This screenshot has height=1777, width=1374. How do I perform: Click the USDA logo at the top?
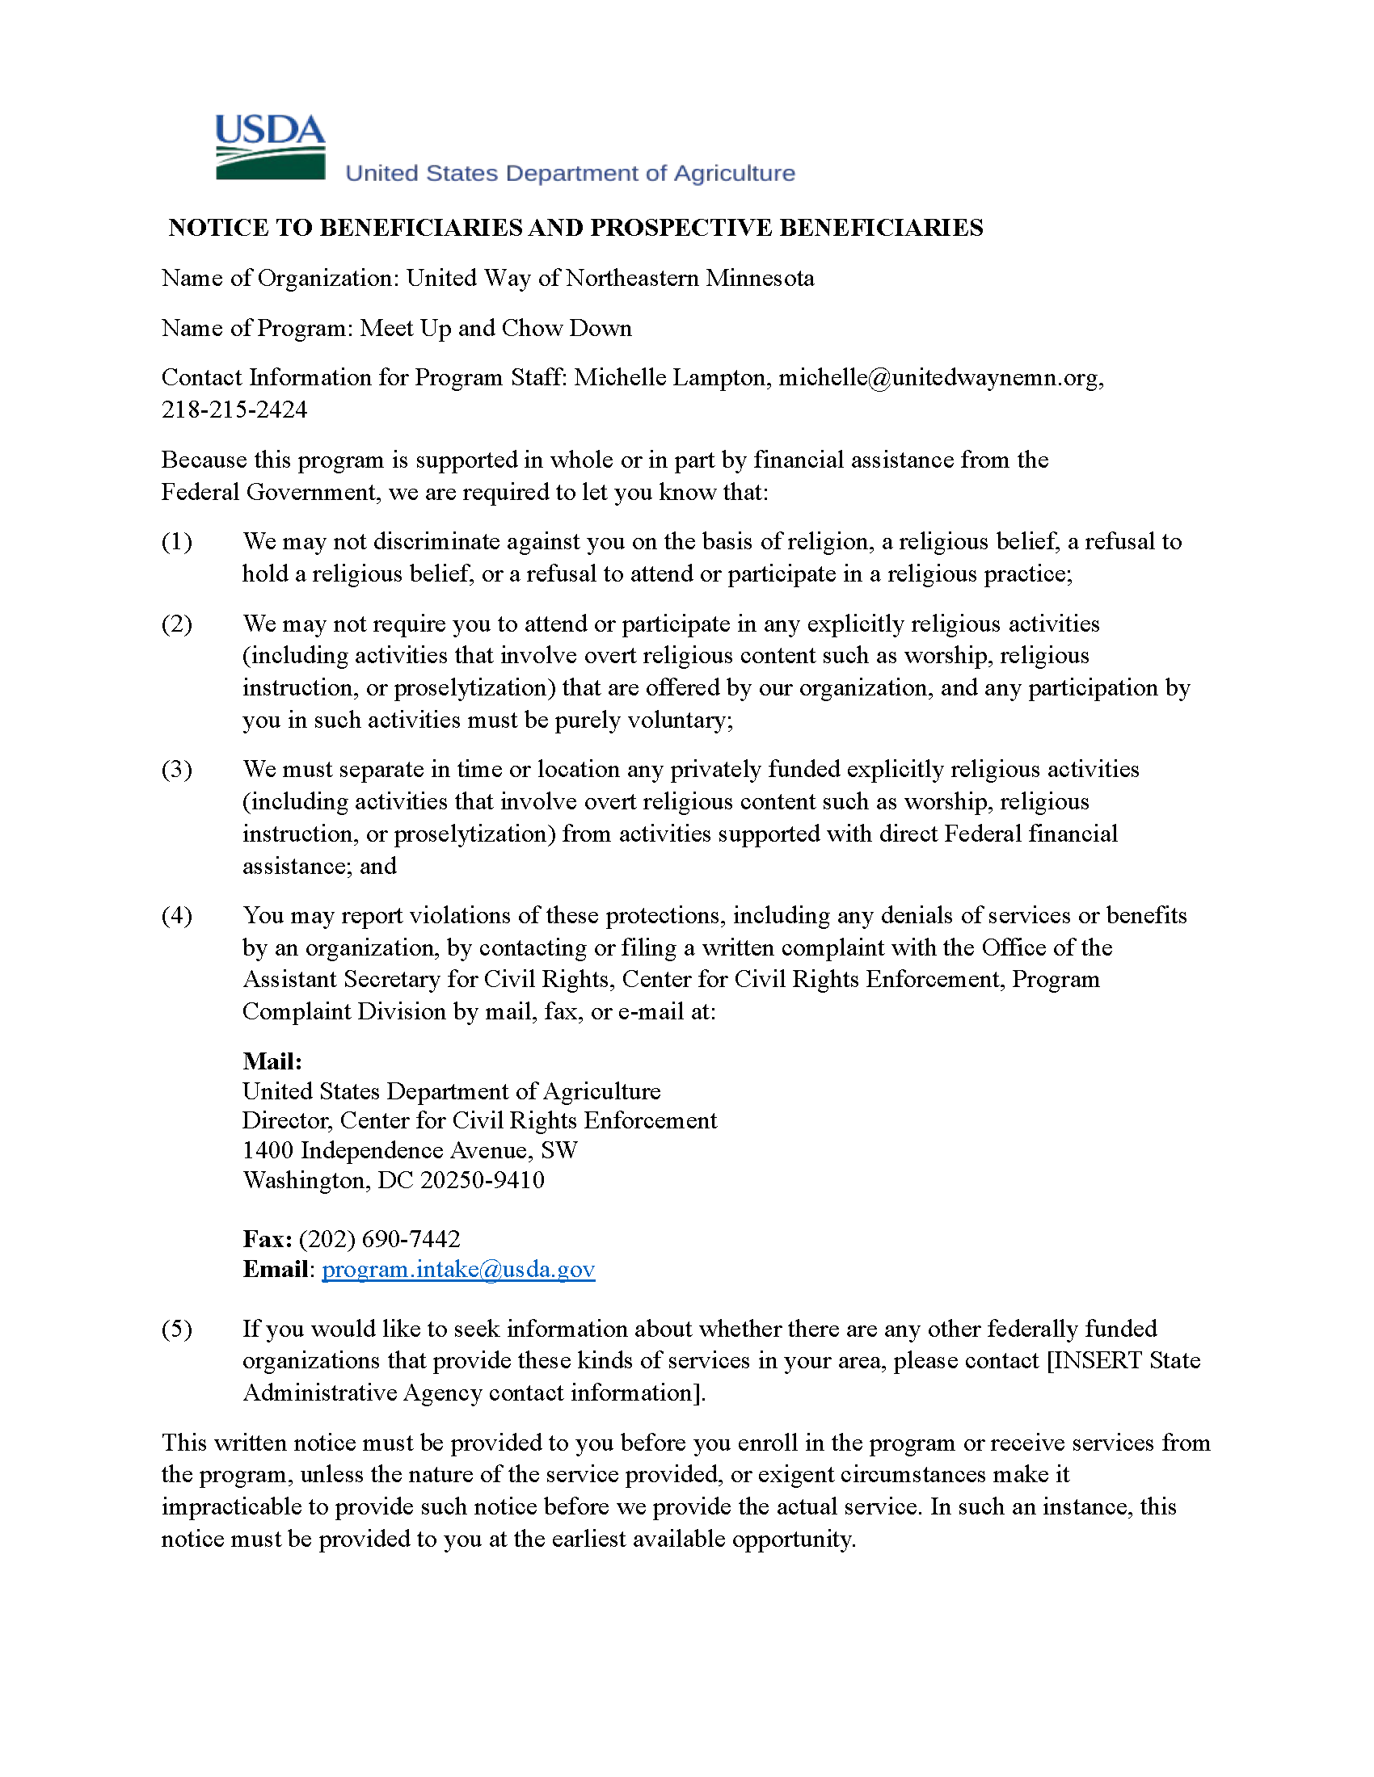pyautogui.click(x=270, y=146)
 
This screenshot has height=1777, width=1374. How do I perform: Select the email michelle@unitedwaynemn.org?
pyautogui.click(x=938, y=377)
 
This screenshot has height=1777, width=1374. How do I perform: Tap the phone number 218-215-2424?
pyautogui.click(x=234, y=410)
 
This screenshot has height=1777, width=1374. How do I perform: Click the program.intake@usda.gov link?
pyautogui.click(x=458, y=1269)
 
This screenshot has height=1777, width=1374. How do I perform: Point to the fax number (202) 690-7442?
pyautogui.click(x=379, y=1239)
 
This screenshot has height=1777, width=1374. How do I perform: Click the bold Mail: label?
pyautogui.click(x=272, y=1061)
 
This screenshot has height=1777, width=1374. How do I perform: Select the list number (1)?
pyautogui.click(x=177, y=542)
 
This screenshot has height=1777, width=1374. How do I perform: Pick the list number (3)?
pyautogui.click(x=177, y=770)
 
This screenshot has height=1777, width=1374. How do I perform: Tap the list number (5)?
pyautogui.click(x=177, y=1330)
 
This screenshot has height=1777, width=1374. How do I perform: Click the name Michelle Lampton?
pyautogui.click(x=670, y=377)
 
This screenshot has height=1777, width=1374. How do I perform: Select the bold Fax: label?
pyautogui.click(x=267, y=1239)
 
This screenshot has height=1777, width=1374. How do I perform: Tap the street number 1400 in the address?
pyautogui.click(x=268, y=1150)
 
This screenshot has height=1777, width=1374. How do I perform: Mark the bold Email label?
pyautogui.click(x=275, y=1269)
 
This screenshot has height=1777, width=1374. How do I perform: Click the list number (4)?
pyautogui.click(x=177, y=916)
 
